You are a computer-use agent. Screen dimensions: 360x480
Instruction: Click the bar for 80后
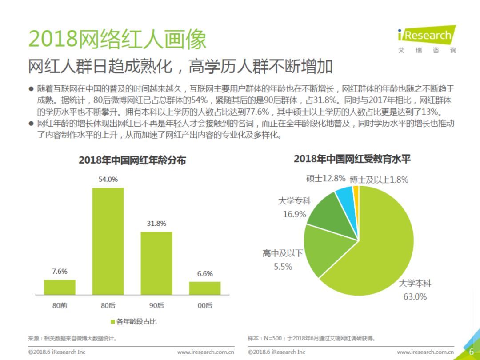point(108,241)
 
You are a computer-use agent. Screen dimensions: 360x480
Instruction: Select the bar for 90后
point(156,263)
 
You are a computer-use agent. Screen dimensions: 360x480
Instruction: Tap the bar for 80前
point(60,287)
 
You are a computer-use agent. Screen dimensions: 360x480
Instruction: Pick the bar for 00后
point(205,288)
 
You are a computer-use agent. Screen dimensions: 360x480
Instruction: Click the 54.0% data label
point(108,180)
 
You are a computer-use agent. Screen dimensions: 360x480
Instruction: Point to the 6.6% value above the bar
point(205,274)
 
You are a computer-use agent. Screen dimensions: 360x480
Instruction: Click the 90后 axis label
point(156,305)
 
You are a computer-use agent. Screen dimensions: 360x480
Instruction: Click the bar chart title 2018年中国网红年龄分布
point(132,160)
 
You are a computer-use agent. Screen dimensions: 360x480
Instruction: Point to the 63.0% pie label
point(415,296)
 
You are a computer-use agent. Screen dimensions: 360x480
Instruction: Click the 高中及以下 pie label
point(283,253)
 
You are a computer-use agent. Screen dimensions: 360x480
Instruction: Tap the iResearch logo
point(427,36)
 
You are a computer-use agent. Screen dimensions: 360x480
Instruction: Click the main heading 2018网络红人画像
point(118,40)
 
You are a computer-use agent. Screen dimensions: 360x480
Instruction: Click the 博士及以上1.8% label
point(379,180)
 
